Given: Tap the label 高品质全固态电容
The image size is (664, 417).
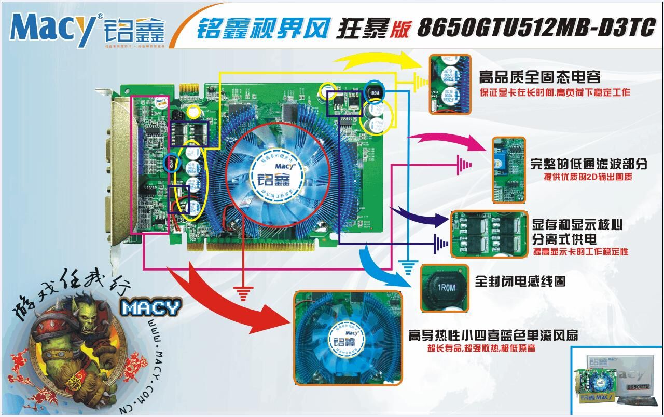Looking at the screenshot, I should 539,77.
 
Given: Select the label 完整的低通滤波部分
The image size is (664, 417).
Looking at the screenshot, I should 589,164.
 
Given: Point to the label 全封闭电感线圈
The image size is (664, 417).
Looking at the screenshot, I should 520,281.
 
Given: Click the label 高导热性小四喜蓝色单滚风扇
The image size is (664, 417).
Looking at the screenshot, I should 493,334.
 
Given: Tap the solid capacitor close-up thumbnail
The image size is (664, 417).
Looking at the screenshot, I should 450,84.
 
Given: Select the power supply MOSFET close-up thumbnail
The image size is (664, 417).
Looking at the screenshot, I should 489,234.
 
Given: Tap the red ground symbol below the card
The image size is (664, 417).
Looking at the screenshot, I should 243,293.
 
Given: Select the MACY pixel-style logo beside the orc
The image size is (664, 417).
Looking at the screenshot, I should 151,307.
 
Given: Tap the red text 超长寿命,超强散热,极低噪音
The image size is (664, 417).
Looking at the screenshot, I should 481,348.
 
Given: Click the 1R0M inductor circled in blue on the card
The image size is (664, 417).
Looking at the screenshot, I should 374,92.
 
